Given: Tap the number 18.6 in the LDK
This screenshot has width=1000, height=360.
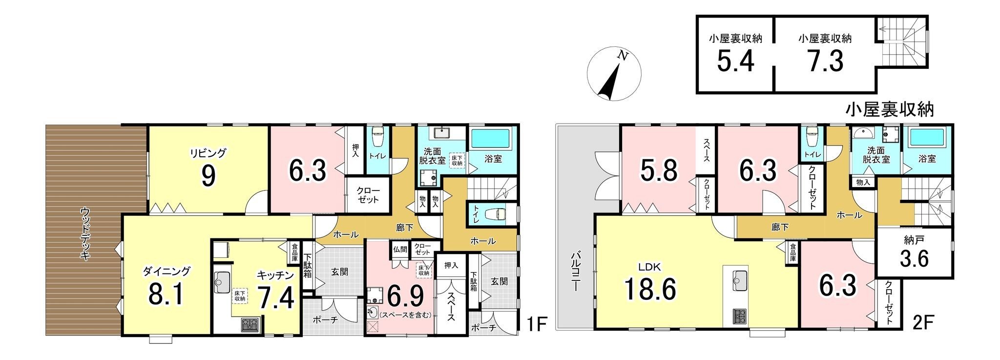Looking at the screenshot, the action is click(x=651, y=289).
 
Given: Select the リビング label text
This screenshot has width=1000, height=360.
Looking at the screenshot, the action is click(x=208, y=153).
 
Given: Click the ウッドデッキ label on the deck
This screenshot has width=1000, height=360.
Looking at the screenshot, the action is click(x=85, y=234).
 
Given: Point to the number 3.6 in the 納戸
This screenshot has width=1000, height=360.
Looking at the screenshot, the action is click(x=914, y=259).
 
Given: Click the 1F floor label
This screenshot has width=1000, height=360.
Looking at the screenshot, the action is click(x=538, y=324).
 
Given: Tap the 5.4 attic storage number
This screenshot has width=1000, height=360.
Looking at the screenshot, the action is click(x=736, y=61).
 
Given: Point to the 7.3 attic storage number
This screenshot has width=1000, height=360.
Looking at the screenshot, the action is click(x=825, y=61).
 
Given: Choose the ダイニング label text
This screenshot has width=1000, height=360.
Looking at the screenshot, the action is click(x=167, y=271).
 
